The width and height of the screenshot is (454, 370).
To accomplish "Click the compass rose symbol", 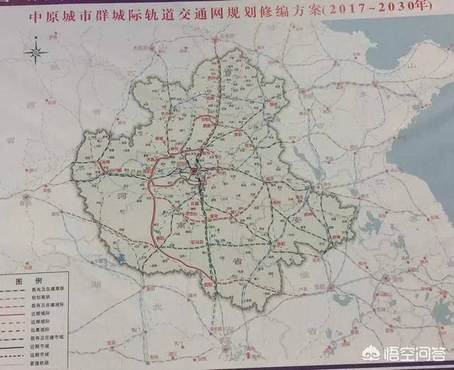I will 35,52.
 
